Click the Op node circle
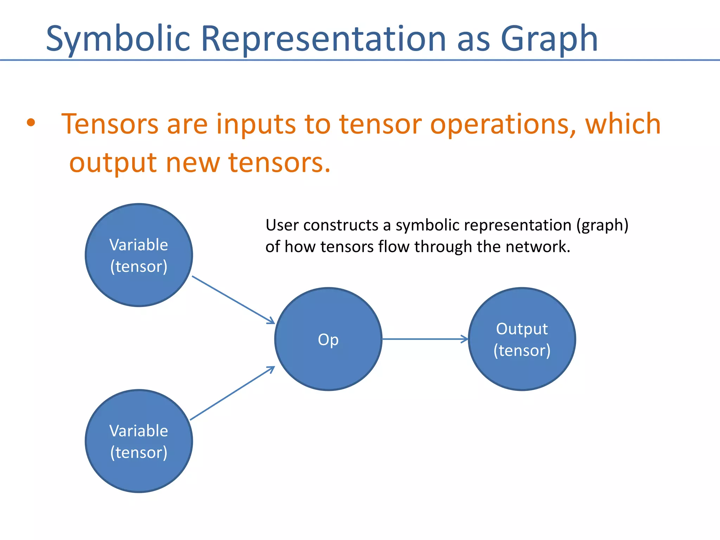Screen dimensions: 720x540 [328, 339]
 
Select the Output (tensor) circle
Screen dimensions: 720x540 [522, 339]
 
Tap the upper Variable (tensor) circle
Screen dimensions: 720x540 [139, 255]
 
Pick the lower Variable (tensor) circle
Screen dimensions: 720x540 [139, 441]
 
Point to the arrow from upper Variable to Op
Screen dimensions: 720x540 [233, 300]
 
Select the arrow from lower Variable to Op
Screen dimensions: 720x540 [232, 393]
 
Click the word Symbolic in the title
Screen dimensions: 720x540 [118, 39]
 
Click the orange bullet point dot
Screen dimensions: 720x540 [31, 123]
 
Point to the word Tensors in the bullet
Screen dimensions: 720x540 [110, 124]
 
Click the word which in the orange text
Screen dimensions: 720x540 [623, 124]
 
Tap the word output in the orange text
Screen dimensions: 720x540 [112, 163]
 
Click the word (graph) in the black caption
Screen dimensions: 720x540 [602, 226]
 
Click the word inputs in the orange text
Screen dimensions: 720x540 [256, 124]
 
